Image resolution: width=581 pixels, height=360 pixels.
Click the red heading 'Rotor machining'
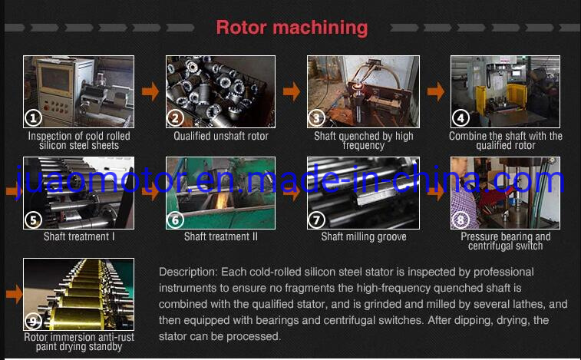pyautogui.click(x=292, y=28)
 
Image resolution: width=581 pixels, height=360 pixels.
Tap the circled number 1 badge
pyautogui.click(x=33, y=118)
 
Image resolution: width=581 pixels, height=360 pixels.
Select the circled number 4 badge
pyautogui.click(x=461, y=118)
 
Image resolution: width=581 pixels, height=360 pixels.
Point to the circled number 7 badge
pyautogui.click(x=316, y=220)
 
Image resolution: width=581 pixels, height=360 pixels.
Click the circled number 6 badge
pyautogui.click(x=175, y=220)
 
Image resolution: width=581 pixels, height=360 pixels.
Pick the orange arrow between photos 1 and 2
pyautogui.click(x=150, y=91)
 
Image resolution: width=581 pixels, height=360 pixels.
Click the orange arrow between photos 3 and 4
pyautogui.click(x=436, y=91)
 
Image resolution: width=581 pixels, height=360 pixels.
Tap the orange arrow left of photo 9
pyautogui.click(x=15, y=294)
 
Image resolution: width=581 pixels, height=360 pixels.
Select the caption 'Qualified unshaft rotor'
pyautogui.click(x=221, y=136)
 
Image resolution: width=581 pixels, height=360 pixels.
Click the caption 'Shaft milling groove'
pyautogui.click(x=364, y=236)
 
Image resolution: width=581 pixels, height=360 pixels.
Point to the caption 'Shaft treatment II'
pyautogui.click(x=221, y=236)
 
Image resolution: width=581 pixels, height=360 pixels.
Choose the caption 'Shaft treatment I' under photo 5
pyautogui.click(x=79, y=236)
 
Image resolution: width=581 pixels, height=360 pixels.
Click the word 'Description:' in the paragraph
pyautogui.click(x=188, y=272)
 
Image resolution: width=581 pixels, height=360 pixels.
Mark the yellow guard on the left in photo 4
pyautogui.click(x=481, y=99)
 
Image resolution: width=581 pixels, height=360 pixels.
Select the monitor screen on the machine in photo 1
pyautogui.click(x=55, y=78)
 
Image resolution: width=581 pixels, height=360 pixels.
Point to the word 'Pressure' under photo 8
pyautogui.click(x=478, y=236)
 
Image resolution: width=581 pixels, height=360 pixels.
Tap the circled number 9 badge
pyautogui.click(x=33, y=321)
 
